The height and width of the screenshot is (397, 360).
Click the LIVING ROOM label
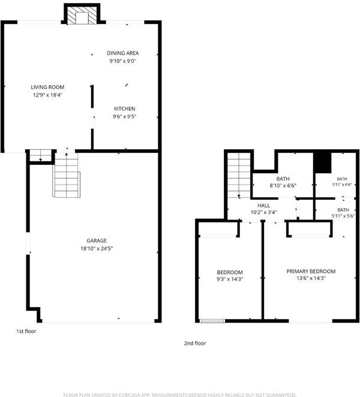tap(47, 87)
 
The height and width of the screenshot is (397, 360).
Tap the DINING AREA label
tap(122, 53)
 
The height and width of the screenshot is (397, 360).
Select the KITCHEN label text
tap(124, 109)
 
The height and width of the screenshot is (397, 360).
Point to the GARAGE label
tap(97, 240)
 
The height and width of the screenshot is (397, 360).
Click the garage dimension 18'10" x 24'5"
tap(97, 248)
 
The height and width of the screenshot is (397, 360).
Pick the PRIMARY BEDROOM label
tap(311, 272)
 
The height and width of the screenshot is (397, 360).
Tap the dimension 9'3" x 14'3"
tap(230, 279)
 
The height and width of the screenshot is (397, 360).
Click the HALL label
tap(263, 206)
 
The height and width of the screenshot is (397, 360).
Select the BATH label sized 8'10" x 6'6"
tap(283, 179)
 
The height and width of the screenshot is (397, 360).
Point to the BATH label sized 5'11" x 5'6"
tap(343, 210)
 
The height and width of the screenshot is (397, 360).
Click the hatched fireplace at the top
tap(82, 16)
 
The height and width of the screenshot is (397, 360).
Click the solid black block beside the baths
tap(323, 163)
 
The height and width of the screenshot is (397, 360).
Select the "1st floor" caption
tap(26, 331)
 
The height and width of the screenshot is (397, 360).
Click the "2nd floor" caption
tap(195, 343)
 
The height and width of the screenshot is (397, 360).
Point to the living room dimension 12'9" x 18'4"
tap(47, 95)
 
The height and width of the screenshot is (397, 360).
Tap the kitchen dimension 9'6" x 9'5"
tap(124, 116)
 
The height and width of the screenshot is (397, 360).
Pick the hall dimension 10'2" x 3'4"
tap(263, 212)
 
